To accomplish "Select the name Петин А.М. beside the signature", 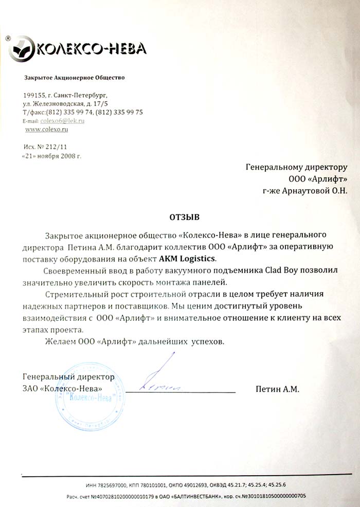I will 277,389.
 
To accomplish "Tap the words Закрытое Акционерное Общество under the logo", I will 74,78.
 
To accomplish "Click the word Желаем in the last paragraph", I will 59,341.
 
